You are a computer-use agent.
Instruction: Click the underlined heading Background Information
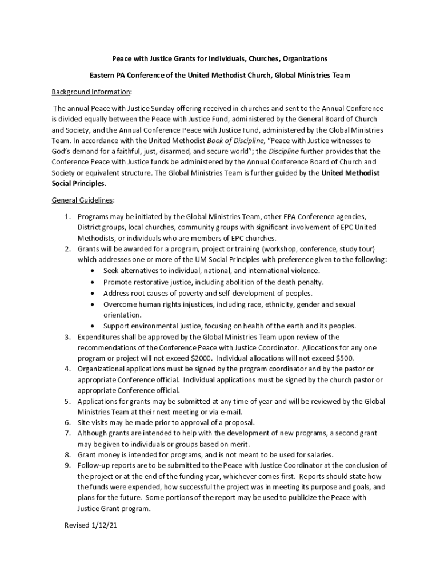point(91,92)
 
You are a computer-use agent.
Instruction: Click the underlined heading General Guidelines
point(83,200)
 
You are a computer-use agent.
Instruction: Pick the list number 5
point(66,401)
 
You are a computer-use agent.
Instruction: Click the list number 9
point(66,465)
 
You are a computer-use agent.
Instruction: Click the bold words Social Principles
point(78,184)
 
